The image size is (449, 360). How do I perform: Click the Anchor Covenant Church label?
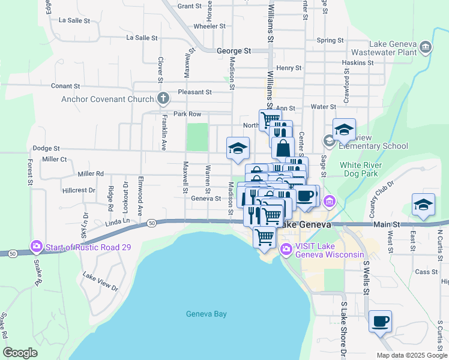coord(108,99)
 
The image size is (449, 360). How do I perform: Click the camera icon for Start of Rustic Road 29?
coord(37,247)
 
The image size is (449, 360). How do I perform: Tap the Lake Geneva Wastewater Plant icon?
coord(426,47)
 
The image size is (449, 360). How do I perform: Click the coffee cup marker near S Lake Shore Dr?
coord(380,322)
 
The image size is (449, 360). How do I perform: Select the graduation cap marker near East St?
coord(423,205)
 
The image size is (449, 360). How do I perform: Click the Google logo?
coord(20,353)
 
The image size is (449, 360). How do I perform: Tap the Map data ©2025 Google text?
coord(411,355)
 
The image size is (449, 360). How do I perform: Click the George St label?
coord(234,52)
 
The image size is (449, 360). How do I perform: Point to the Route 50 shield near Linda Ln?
coord(152,223)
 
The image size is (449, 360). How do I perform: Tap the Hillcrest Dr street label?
coord(79,190)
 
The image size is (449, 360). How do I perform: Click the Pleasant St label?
coord(194,92)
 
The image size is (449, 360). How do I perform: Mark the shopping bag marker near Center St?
coord(283,148)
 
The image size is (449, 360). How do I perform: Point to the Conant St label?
coord(65,86)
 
